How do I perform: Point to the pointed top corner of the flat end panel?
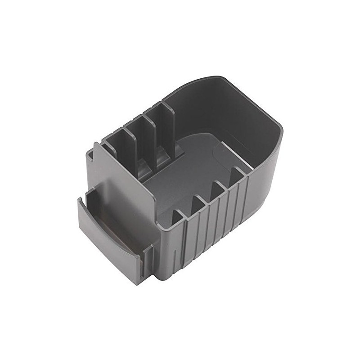[96, 145]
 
